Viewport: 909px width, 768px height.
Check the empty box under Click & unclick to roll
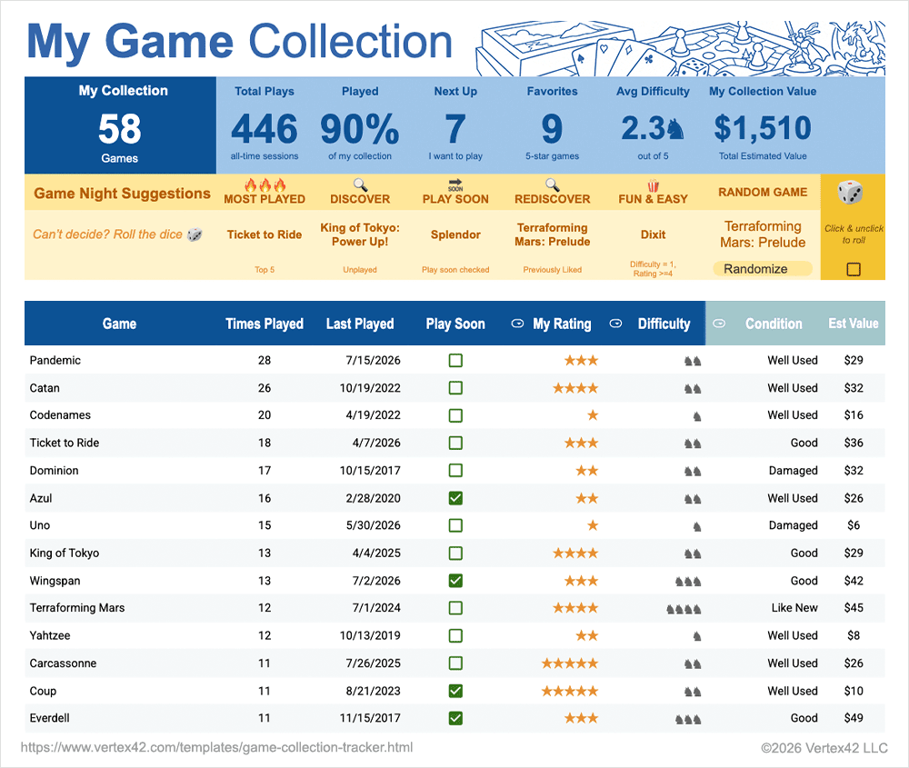[x=854, y=269]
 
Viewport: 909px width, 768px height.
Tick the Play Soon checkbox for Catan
[x=455, y=388]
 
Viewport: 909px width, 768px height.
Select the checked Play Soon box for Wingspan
[x=455, y=580]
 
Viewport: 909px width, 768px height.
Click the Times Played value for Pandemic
[x=265, y=360]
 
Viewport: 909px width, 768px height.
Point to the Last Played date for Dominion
[x=370, y=470]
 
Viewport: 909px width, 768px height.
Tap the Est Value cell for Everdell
[x=854, y=718]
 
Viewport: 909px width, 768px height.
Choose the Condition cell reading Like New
[x=794, y=607]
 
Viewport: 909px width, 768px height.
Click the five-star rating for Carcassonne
[x=569, y=663]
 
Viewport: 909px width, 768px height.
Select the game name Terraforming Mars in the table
[x=77, y=607]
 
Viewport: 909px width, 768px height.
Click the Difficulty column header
[x=664, y=324]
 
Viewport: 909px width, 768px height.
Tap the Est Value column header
[x=854, y=324]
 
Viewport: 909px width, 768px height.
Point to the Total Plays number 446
[x=265, y=129]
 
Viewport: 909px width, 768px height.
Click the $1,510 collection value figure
[x=763, y=128]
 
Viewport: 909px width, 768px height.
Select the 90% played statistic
[x=359, y=129]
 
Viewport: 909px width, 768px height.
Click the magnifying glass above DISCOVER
[x=360, y=185]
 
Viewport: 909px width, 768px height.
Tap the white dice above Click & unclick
[x=850, y=193]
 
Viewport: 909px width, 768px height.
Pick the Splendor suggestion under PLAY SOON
[x=455, y=234]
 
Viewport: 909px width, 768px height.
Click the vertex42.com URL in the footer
[x=217, y=747]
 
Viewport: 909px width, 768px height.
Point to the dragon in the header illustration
[x=858, y=47]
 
